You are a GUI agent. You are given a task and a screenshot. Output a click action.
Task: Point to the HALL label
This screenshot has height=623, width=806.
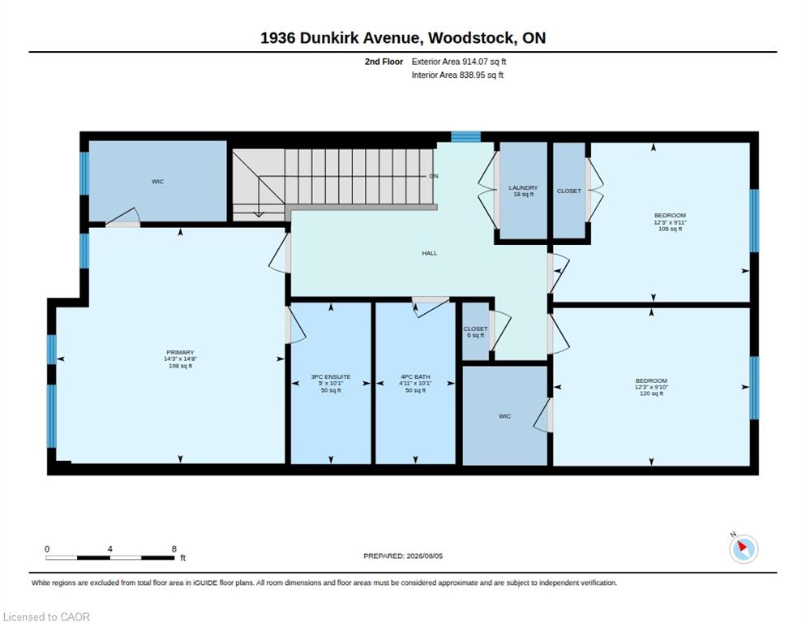[429, 253]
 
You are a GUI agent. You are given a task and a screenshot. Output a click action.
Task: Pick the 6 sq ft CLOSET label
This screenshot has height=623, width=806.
[475, 332]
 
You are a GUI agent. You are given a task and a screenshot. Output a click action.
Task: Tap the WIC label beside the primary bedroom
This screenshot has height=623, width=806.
[158, 182]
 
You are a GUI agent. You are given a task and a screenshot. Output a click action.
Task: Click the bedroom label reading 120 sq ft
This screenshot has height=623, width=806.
[651, 387]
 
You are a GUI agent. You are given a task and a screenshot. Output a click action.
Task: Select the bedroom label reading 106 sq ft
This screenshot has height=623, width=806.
[670, 221]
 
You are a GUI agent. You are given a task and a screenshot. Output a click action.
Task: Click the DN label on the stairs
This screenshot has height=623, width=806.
[434, 176]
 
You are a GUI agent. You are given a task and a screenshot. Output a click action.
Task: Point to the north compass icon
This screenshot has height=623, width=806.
[744, 548]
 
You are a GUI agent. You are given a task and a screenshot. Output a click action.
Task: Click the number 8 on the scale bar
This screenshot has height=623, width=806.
[174, 549]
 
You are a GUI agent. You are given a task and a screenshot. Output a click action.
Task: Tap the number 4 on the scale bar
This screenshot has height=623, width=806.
[110, 549]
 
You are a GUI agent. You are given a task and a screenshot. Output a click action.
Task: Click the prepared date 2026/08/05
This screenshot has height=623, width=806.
[425, 556]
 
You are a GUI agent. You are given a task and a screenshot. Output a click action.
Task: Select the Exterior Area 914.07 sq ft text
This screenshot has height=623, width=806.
[458, 62]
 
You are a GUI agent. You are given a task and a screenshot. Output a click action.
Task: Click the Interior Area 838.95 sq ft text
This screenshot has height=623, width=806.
[457, 75]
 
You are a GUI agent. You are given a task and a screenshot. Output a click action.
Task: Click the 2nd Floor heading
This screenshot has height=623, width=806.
[384, 62]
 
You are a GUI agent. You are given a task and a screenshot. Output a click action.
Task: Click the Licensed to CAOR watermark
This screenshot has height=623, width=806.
[46, 617]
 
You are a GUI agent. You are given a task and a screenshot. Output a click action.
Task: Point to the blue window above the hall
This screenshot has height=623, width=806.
[465, 136]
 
